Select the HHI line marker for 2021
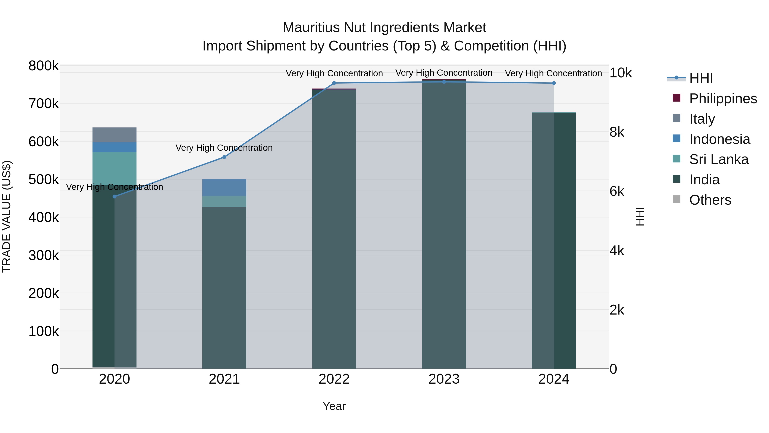tap(224, 157)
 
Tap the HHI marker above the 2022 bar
tap(334, 83)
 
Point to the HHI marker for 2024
tap(554, 83)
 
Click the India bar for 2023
tap(444, 224)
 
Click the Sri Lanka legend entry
tap(719, 159)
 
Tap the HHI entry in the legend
tap(701, 78)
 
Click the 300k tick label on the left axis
tap(44, 256)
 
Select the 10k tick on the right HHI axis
tap(621, 73)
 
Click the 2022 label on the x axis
tap(334, 379)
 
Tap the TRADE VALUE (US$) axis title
tap(7, 216)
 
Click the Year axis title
tap(334, 406)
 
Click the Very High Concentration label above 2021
tap(224, 148)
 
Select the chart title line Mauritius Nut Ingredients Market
tap(384, 28)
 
